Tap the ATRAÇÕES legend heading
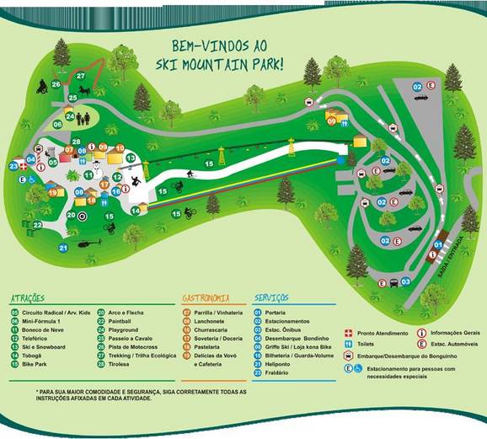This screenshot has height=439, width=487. click(x=32, y=298)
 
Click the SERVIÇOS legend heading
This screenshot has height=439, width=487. click(x=270, y=298)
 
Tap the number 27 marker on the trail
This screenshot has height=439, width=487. click(x=82, y=77)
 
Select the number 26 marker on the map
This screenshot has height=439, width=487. click(x=56, y=84)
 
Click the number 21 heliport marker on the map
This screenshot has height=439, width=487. click(x=63, y=248)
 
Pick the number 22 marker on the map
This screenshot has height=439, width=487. click(x=38, y=225)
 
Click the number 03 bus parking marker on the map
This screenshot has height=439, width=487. click(x=405, y=281)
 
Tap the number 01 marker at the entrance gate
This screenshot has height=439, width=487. click(x=437, y=245)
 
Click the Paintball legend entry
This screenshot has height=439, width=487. click(x=121, y=321)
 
